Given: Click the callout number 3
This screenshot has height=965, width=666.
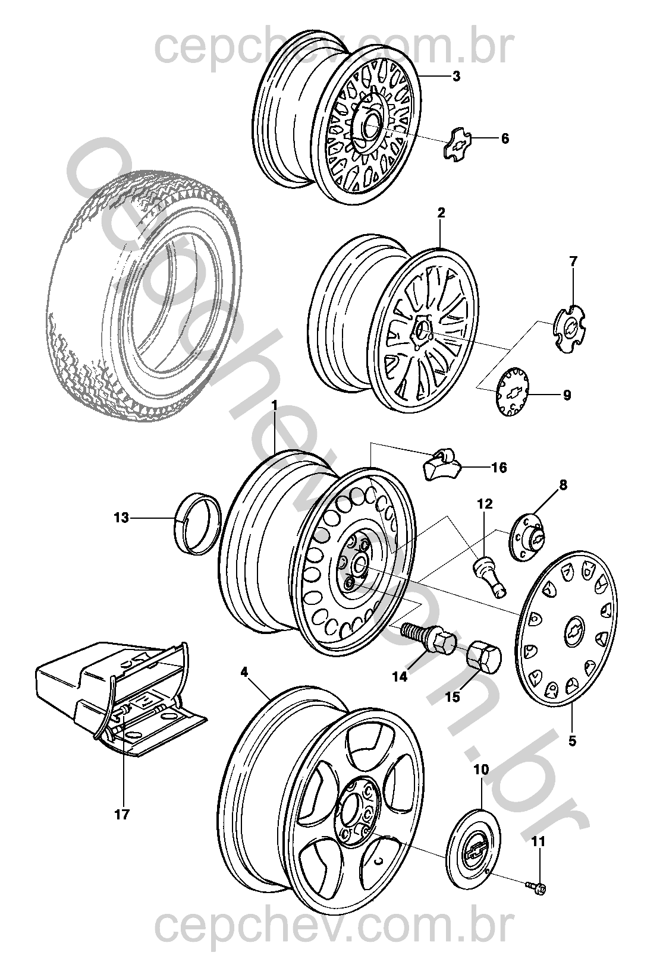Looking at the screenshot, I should pyautogui.click(x=456, y=77).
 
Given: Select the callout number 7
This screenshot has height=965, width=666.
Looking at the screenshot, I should pyautogui.click(x=573, y=261).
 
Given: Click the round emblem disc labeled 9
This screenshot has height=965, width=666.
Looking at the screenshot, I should pyautogui.click(x=513, y=393).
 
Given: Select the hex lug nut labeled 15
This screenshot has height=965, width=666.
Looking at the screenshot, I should pyautogui.click(x=482, y=657).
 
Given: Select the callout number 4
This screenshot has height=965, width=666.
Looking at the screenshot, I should pyautogui.click(x=244, y=672).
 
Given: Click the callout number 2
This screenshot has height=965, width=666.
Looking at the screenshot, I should pyautogui.click(x=441, y=212).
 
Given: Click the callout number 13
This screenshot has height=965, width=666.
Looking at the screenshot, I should pyautogui.click(x=121, y=518).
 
